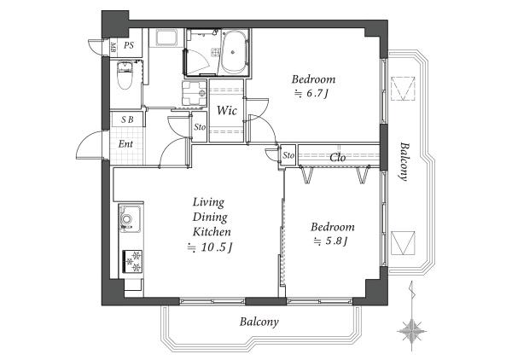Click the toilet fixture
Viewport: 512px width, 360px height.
125,75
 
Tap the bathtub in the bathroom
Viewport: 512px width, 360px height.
234,52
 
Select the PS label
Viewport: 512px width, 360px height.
129,45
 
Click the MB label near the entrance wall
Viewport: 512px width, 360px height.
113,48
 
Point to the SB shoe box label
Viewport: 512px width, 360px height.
127,119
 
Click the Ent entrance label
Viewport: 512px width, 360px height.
125,143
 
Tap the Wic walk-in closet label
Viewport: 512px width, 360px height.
227,110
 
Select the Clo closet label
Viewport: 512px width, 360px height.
338,158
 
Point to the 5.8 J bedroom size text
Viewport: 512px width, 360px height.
330,241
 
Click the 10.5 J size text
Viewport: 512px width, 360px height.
210,247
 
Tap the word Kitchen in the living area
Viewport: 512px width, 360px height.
212,232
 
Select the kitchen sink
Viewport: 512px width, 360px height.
130,218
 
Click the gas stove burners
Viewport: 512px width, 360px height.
132,261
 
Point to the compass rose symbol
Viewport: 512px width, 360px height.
412,331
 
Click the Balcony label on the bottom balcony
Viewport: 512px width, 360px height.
259,322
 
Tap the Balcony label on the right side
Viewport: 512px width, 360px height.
404,161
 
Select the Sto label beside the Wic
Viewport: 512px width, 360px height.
200,126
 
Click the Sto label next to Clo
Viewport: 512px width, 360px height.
288,155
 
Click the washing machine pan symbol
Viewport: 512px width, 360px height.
195,93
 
